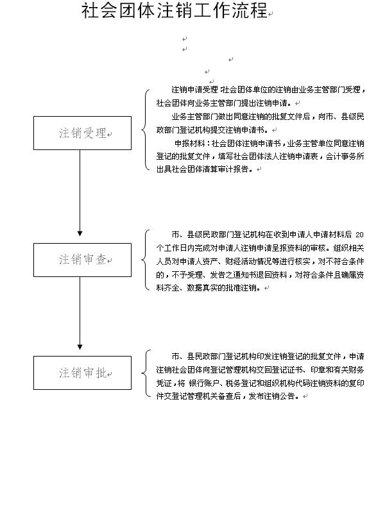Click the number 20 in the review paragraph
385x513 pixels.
359,235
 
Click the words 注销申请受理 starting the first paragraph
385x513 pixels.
194,89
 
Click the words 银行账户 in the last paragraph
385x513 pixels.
204,383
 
